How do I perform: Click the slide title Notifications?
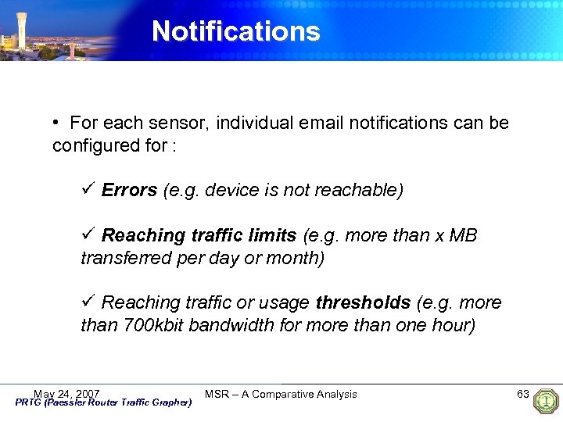[235, 31]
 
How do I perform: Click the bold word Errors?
[129, 191]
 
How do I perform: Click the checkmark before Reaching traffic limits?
[88, 234]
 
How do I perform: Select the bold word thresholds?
[363, 302]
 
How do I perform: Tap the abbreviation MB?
[463, 235]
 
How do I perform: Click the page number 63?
[523, 394]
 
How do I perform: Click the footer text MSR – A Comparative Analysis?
[281, 394]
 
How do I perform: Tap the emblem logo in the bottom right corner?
[546, 401]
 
